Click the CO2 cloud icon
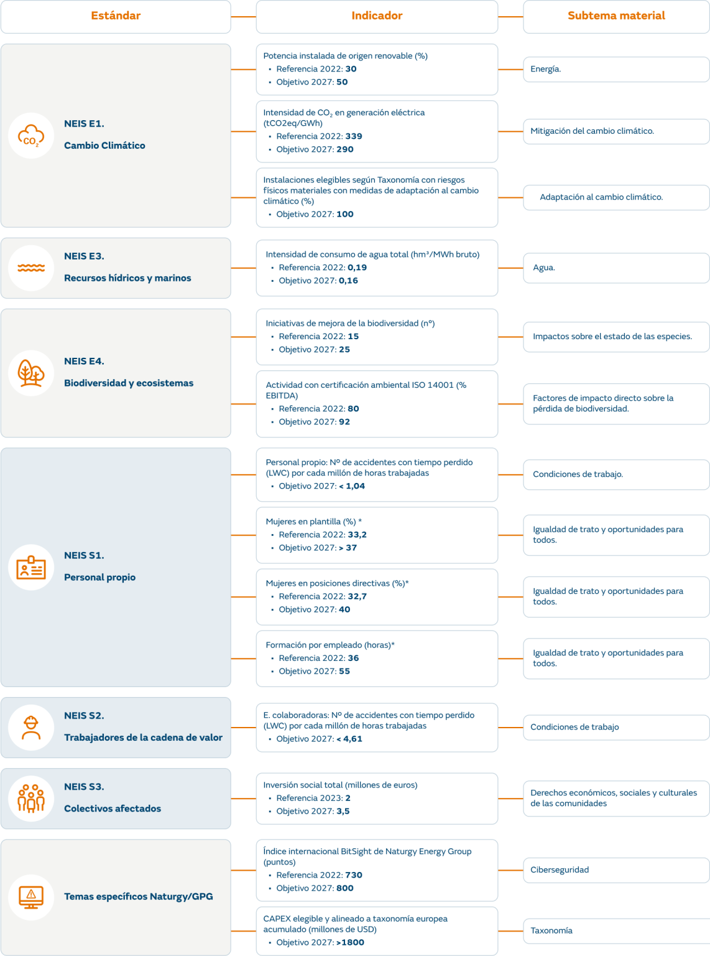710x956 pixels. (x=31, y=136)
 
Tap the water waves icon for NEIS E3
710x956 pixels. (x=31, y=268)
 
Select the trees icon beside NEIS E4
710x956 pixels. (x=31, y=373)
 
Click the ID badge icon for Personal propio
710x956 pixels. (x=31, y=568)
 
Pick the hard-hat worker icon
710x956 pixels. (x=31, y=728)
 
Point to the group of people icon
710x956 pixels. (x=31, y=799)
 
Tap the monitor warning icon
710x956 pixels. (x=31, y=897)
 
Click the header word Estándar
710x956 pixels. (x=116, y=16)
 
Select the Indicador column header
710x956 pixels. (x=377, y=16)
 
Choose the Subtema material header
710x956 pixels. (x=616, y=16)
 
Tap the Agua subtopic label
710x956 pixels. (x=544, y=268)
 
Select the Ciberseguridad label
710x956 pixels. (x=560, y=870)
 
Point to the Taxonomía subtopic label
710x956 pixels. (x=551, y=931)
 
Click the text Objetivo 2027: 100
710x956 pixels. (x=315, y=214)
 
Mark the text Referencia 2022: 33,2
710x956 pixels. (x=323, y=535)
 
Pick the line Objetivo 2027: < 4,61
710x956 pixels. (x=319, y=739)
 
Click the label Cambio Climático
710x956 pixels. (x=104, y=146)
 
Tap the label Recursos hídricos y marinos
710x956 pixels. (x=127, y=278)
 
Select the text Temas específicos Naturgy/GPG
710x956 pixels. (x=138, y=897)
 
